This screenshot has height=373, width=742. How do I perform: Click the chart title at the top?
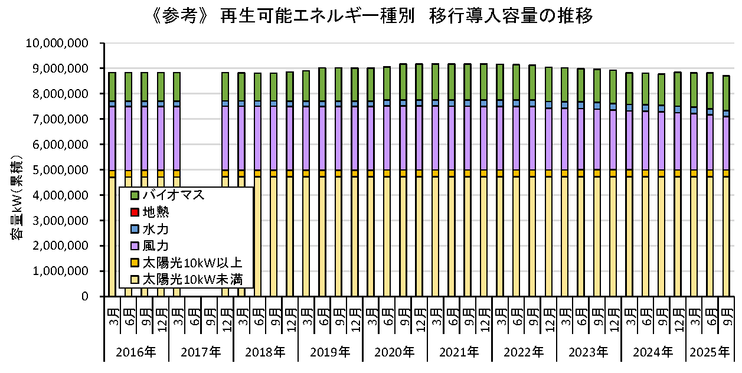372,16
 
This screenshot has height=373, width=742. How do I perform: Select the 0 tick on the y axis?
85,296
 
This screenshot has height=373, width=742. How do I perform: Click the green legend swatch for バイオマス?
134,195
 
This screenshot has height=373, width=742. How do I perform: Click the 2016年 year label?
136,352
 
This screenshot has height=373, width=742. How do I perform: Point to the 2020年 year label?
395,352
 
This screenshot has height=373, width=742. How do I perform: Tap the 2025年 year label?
710,352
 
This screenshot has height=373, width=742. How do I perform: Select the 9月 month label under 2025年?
726,312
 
